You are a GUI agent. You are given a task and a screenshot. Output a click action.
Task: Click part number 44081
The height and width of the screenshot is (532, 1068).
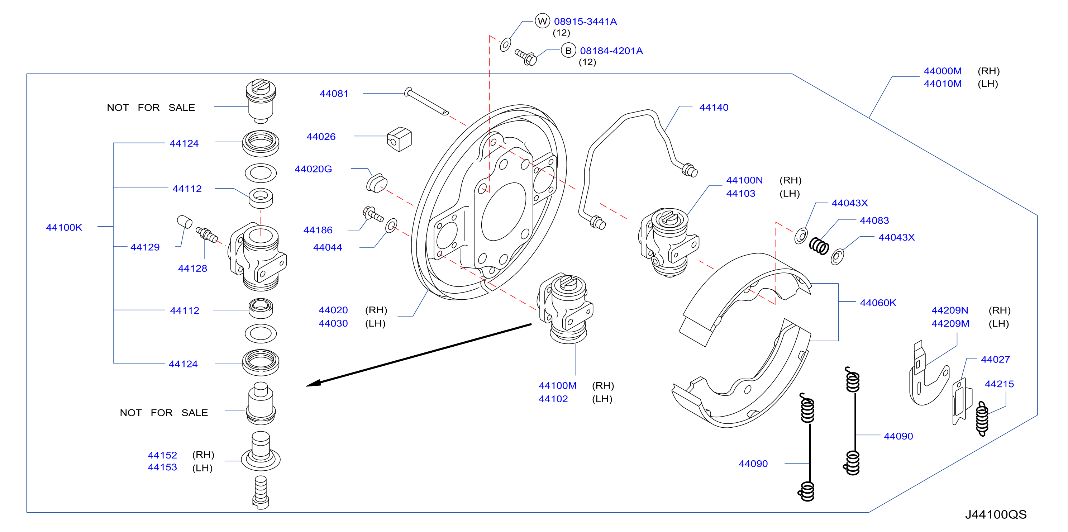click(334, 94)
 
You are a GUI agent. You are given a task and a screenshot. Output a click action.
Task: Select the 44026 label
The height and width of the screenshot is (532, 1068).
click(321, 137)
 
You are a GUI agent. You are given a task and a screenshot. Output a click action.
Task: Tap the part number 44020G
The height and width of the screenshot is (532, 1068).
click(314, 169)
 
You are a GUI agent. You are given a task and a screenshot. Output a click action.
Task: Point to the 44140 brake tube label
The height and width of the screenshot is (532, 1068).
click(714, 108)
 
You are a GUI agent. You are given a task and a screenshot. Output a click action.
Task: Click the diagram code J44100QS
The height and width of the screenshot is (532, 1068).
click(996, 514)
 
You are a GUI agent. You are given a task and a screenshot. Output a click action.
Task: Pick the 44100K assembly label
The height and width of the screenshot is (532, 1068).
click(64, 228)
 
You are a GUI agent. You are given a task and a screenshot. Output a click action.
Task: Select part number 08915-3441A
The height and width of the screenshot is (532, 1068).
click(585, 22)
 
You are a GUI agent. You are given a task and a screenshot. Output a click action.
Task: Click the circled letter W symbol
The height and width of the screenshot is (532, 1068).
click(542, 21)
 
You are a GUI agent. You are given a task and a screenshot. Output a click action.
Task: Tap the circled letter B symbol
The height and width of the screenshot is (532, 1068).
click(568, 51)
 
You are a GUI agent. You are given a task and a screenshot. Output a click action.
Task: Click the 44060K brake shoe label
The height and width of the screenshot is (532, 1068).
click(878, 303)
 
